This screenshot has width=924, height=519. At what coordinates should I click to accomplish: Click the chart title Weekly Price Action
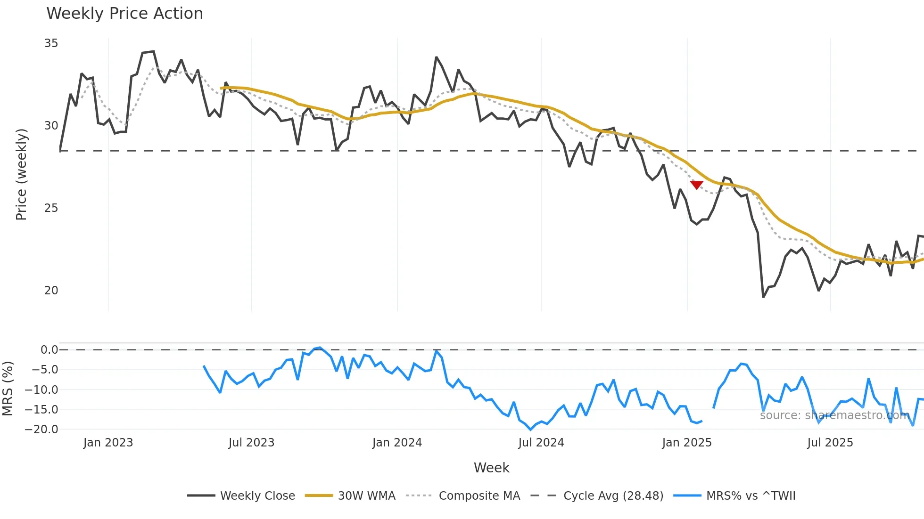click(x=124, y=14)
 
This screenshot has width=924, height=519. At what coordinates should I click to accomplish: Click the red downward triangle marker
click(x=696, y=185)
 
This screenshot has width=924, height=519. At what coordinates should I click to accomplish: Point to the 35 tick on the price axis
click(x=51, y=43)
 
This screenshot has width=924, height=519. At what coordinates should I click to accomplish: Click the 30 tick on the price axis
click(x=51, y=126)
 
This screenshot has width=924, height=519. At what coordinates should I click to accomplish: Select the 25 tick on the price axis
click(x=51, y=208)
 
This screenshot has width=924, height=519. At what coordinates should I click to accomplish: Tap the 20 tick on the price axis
click(x=51, y=291)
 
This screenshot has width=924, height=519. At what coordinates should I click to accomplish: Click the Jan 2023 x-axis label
click(x=108, y=443)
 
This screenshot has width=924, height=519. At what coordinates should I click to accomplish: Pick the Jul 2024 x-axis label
click(x=541, y=443)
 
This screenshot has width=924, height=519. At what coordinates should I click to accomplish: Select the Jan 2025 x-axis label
click(x=686, y=443)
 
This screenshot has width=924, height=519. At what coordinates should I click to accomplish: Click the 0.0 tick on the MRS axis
click(x=49, y=350)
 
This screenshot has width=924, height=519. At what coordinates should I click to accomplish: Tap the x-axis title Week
click(x=491, y=468)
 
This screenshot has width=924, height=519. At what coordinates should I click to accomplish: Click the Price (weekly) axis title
click(x=21, y=174)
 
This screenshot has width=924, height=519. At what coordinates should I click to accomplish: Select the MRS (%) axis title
click(x=8, y=389)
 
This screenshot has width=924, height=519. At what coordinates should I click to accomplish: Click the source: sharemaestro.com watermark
click(x=834, y=415)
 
